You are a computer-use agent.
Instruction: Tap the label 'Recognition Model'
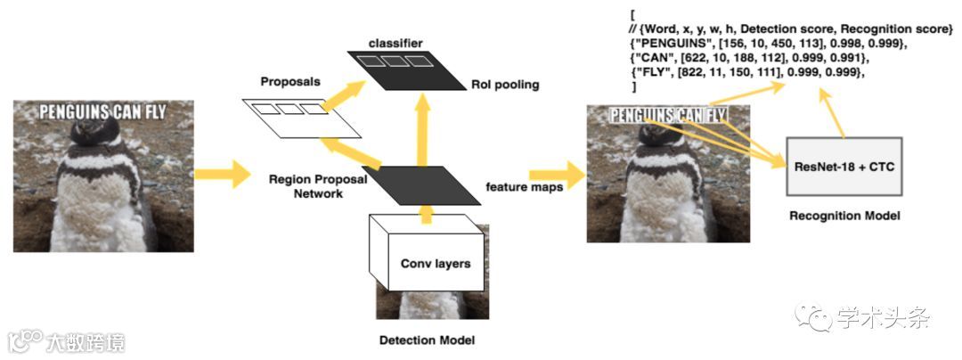coord(844,216)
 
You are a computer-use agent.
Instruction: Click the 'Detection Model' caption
coord(427,340)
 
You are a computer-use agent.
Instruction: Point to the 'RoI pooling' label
coord(503,85)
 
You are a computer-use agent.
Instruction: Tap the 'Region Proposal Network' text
coord(306,185)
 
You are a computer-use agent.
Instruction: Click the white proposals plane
coord(303,118)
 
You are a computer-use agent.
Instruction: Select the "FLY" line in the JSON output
coord(747,72)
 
